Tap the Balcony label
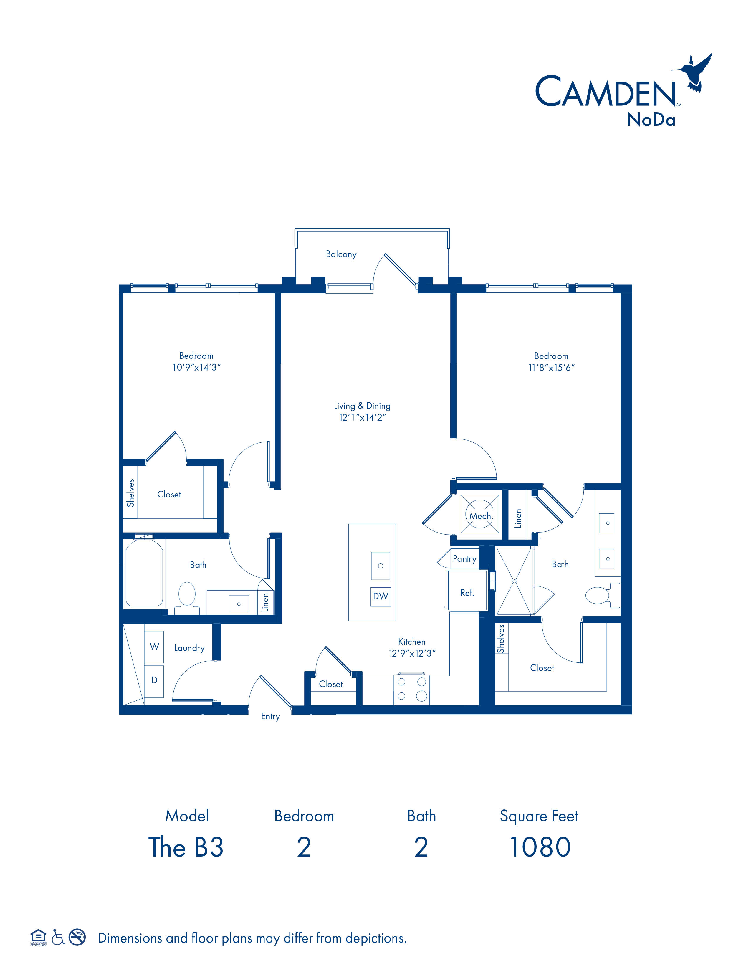point(341,254)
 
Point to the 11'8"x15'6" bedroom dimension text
point(551,368)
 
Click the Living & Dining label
point(362,406)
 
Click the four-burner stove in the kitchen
point(411,690)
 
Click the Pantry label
point(464,558)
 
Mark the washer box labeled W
point(154,647)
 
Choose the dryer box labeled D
point(154,680)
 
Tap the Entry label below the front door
point(270,716)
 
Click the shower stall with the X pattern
point(514,581)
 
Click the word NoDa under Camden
point(651,119)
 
